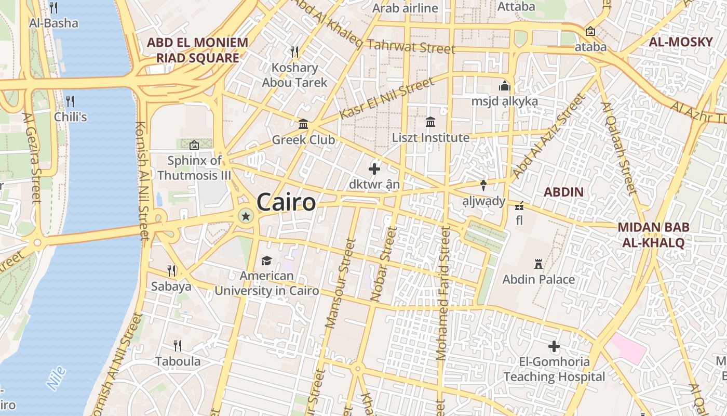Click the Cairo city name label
click(286, 202)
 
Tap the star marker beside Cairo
click(246, 215)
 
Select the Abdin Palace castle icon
click(538, 265)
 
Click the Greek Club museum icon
click(303, 124)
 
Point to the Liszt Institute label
click(430, 138)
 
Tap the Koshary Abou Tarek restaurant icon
click(294, 51)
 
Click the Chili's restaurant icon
click(70, 101)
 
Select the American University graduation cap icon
click(266, 261)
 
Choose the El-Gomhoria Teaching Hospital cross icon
click(554, 346)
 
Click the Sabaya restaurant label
click(171, 286)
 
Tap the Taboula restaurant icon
click(177, 345)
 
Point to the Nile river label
click(56, 378)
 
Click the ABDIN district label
click(563, 192)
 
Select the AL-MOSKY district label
click(681, 42)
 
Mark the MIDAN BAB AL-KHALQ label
click(653, 235)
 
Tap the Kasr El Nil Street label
click(386, 99)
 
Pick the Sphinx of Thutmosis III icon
click(194, 145)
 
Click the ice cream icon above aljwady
click(483, 185)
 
